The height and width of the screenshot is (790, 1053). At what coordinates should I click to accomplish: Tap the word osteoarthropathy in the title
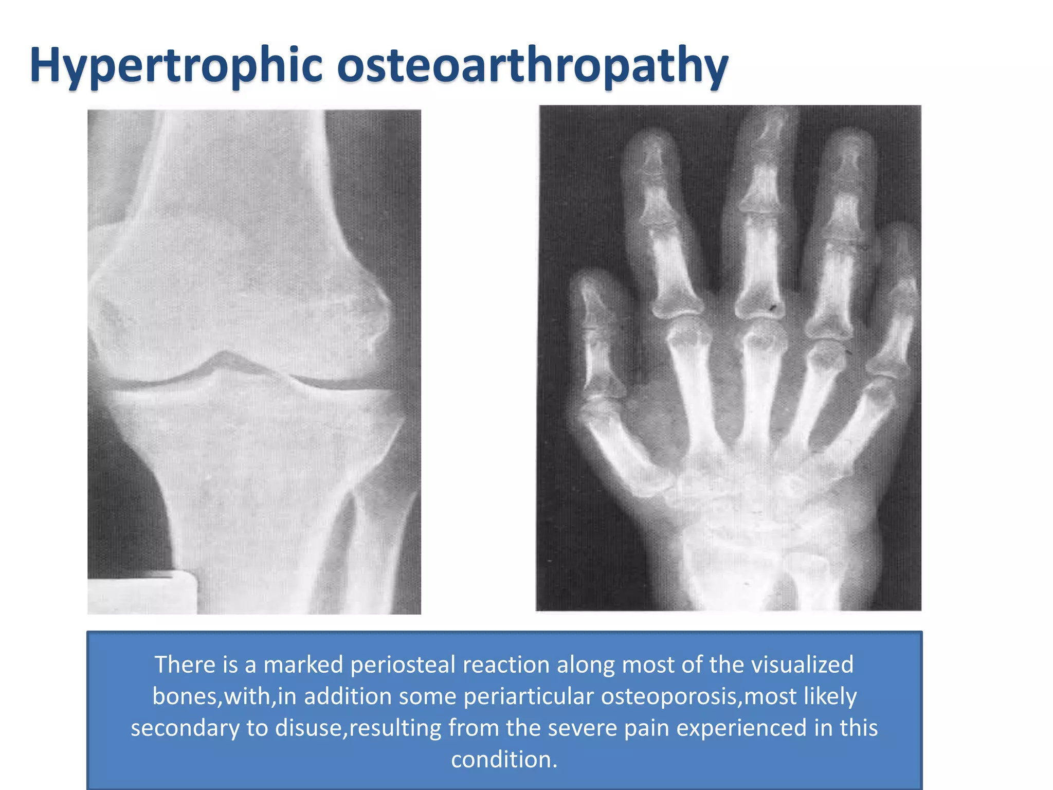pyautogui.click(x=532, y=66)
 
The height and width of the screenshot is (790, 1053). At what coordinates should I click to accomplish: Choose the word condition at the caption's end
pyautogui.click(x=503, y=760)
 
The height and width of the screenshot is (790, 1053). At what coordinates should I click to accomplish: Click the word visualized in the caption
pyautogui.click(x=802, y=665)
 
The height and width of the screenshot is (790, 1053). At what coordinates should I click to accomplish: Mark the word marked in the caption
pyautogui.click(x=303, y=665)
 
